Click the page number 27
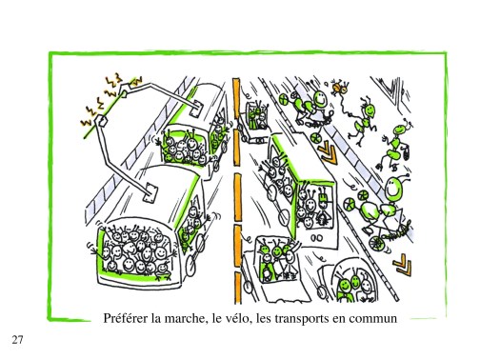click(x=17, y=339)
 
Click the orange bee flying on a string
click(x=340, y=88)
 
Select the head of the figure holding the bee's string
click(x=370, y=110)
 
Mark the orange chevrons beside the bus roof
click(x=328, y=152)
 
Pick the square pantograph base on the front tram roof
click(x=150, y=192)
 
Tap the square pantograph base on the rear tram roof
click(x=196, y=109)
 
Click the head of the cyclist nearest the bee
click(x=320, y=98)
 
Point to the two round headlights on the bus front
click(x=316, y=237)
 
